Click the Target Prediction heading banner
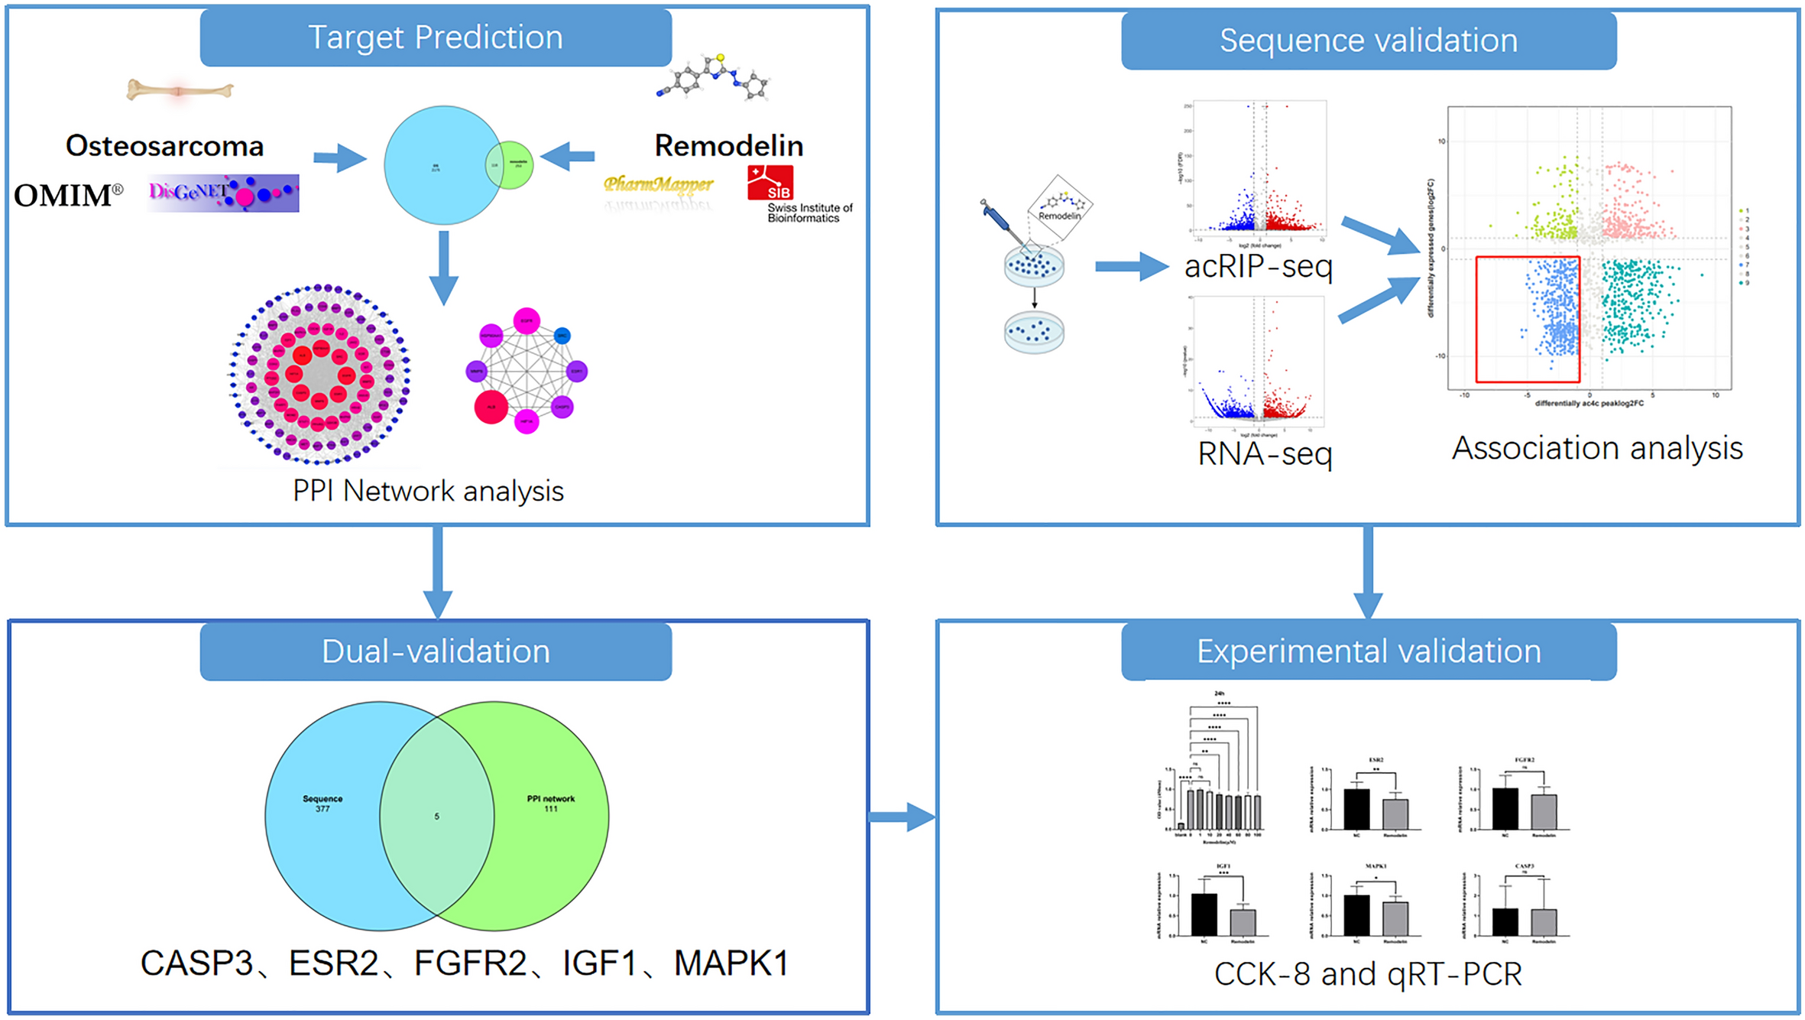pos(436,37)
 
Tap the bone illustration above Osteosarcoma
pos(180,90)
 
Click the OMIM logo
pos(68,195)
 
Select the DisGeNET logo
pos(222,193)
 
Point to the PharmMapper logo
pos(658,184)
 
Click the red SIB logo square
pos(770,183)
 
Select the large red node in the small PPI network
pos(491,407)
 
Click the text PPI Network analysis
pos(428,491)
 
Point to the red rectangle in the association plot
pos(1527,319)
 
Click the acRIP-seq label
pos(1258,266)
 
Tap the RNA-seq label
pos(1265,453)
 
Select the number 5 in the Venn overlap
pos(436,817)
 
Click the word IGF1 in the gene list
pos(599,963)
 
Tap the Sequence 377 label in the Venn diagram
pos(322,803)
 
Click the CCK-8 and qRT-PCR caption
pos(1368,974)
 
